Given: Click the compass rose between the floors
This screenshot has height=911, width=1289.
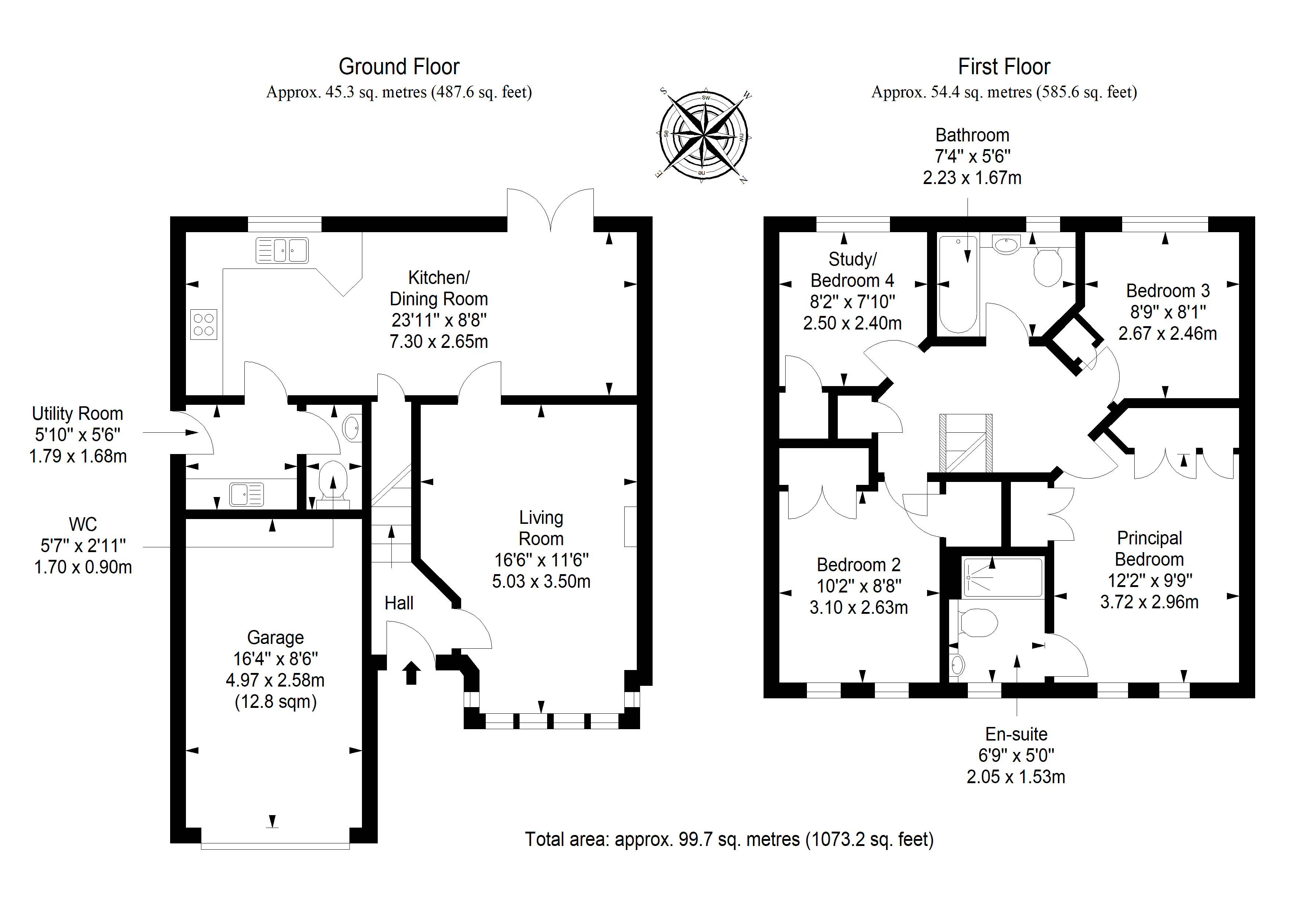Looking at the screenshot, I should pos(703,136).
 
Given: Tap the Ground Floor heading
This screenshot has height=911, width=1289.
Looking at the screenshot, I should pos(399,67).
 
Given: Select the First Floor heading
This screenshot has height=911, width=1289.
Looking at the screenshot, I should pos(1004,67).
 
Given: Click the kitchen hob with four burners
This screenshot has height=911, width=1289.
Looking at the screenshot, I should pos(203,324).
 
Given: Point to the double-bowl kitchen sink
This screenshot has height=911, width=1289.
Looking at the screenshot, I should pos(282,251).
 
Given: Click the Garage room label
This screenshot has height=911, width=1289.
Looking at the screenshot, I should pos(275,638).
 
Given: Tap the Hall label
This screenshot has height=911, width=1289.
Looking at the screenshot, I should pos(399,604).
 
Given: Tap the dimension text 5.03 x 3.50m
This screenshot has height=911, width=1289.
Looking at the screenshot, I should pos(541,581).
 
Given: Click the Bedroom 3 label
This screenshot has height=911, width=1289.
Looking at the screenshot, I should pos(1168,291).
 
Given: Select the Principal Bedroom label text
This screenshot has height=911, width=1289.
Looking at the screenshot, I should pos(1149,548).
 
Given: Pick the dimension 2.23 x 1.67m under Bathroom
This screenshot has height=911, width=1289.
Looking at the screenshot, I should pos(972,178).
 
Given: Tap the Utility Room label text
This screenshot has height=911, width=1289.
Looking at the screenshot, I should pos(78,414).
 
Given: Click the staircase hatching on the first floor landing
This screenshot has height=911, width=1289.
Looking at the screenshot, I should pos(966,443).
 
